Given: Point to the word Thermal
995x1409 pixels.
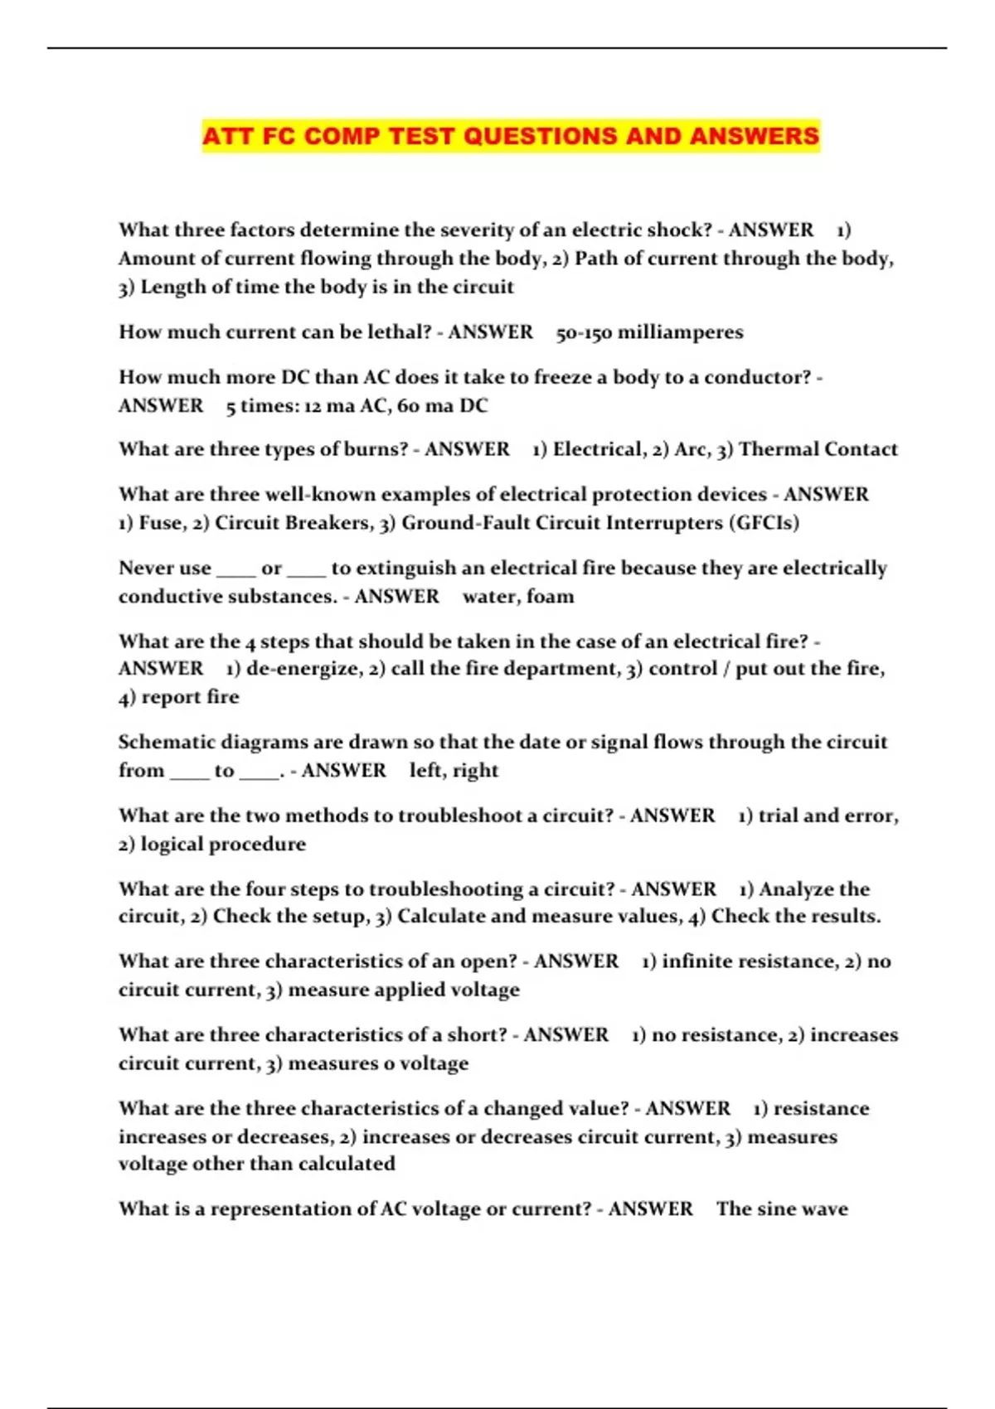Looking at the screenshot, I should [777, 449].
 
